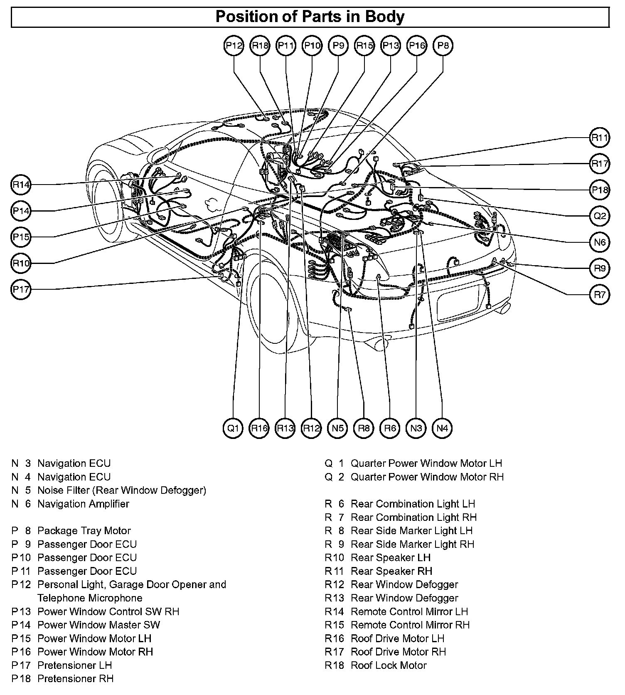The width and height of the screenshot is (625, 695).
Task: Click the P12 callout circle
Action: [x=234, y=45]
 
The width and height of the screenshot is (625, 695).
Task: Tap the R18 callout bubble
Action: [x=260, y=45]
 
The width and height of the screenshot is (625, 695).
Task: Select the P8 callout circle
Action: [x=443, y=45]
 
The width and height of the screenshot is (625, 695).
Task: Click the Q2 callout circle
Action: [x=600, y=216]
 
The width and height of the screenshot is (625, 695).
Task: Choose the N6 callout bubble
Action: [x=600, y=242]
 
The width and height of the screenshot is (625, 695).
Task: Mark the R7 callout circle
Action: [x=600, y=295]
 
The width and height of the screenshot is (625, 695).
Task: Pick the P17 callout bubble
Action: [x=21, y=289]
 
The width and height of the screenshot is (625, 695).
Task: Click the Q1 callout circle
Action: [x=233, y=428]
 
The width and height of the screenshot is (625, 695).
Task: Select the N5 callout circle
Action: [x=337, y=428]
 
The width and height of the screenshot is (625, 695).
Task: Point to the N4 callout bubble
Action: [x=442, y=428]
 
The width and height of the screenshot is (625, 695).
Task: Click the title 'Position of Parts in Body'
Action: [x=310, y=17]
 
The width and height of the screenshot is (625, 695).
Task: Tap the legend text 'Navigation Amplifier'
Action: [x=83, y=504]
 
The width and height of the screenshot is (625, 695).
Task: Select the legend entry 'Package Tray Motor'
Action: [x=84, y=531]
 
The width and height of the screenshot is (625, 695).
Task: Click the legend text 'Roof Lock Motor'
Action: [x=389, y=665]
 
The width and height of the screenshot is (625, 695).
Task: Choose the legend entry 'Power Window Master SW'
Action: [x=98, y=625]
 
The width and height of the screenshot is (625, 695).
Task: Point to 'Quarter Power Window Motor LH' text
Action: [x=426, y=463]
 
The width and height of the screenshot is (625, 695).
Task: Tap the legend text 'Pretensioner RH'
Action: [x=75, y=678]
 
